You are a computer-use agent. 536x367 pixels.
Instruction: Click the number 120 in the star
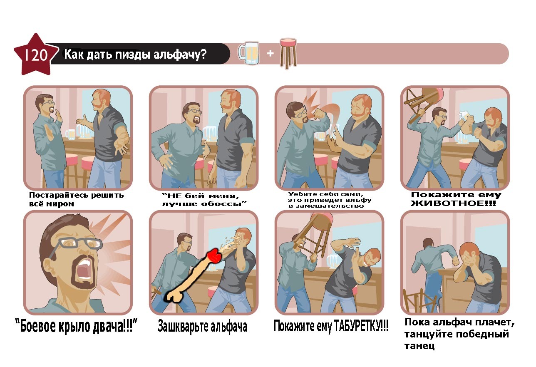pyautogui.click(x=36, y=55)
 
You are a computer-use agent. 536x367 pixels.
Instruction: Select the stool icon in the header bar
pyautogui.click(x=288, y=54)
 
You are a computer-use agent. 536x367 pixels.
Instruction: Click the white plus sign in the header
pyautogui.click(x=270, y=53)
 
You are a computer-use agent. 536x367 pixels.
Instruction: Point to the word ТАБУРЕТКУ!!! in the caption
pyautogui.click(x=361, y=326)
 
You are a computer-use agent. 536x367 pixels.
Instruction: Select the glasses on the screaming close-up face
pyautogui.click(x=79, y=243)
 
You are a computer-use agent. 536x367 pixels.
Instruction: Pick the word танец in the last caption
pyautogui.click(x=419, y=346)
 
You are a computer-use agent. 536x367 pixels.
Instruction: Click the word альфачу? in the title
pyautogui.click(x=180, y=55)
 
